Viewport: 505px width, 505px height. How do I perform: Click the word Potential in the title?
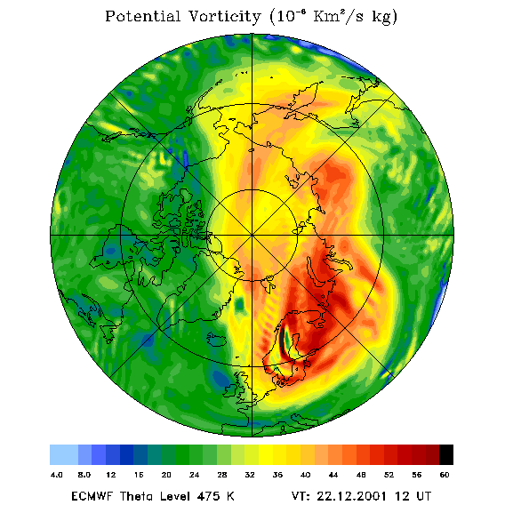coord(142,16)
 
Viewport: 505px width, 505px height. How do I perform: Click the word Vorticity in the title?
coord(224,16)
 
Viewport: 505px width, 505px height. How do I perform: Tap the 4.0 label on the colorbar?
coord(56,475)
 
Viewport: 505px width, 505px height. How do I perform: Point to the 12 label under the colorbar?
coord(111,475)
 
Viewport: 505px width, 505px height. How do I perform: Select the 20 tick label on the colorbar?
coord(166,475)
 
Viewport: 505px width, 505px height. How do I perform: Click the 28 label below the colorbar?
coord(222,475)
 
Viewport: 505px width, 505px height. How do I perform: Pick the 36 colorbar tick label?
coord(277,475)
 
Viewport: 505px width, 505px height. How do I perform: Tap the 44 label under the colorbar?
coord(333,475)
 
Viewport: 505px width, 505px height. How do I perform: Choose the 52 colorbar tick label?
coord(389,475)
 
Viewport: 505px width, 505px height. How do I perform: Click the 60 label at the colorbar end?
coord(445,475)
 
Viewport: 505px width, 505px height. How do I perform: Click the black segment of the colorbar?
coord(446,454)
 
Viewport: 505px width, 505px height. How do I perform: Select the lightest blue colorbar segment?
coord(64,454)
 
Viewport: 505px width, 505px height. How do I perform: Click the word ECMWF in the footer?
coord(92,496)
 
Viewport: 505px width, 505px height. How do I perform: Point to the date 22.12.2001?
coord(352,496)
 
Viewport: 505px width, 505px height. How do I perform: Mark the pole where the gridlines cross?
coord(252,236)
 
